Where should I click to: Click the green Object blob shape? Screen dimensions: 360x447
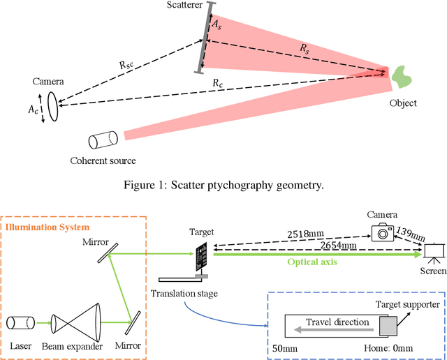click(x=402, y=77)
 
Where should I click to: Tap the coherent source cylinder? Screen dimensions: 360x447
click(x=103, y=140)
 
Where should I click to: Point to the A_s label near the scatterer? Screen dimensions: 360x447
click(x=217, y=24)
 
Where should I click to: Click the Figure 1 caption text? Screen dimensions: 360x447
click(x=223, y=185)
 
